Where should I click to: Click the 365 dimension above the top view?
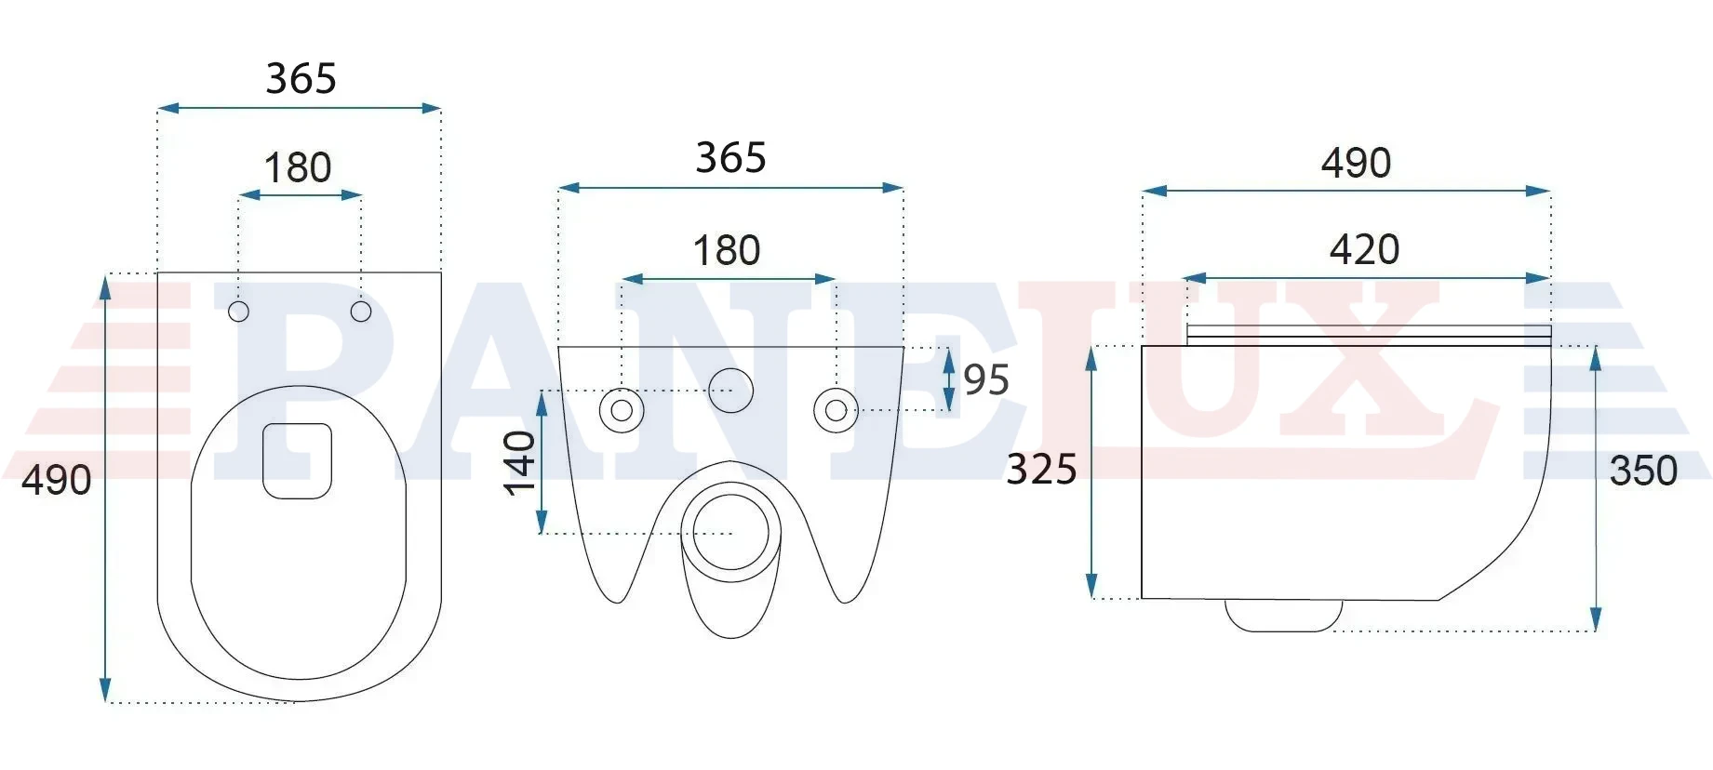pos(301,79)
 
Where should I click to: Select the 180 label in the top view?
pos(298,168)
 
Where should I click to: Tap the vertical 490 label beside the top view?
pos(56,480)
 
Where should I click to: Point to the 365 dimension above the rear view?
pos(730,158)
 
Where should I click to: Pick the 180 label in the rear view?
pos(727,250)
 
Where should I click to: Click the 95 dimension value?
pos(986,379)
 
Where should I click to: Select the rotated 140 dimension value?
pos(521,463)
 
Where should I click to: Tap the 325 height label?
pos(1041,469)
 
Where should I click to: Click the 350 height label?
pos(1643,471)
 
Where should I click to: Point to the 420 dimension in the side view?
pos(1364,249)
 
